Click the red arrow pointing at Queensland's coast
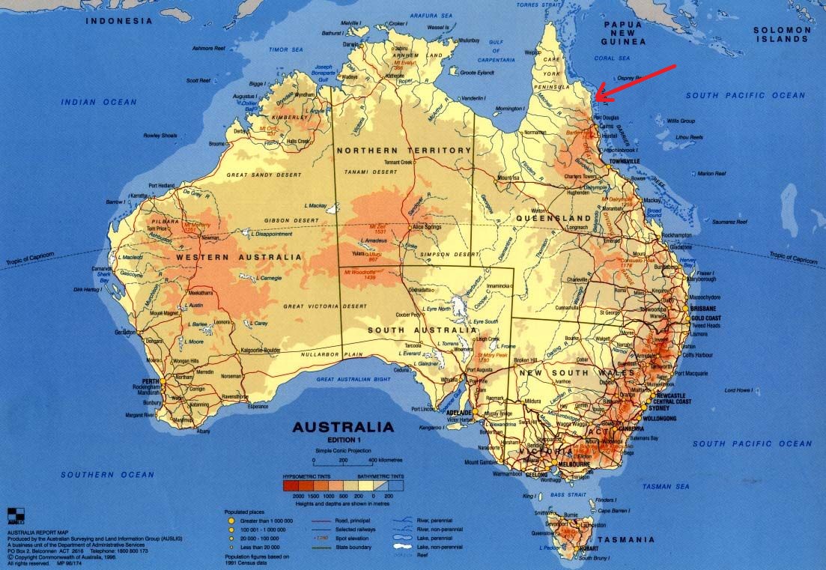point(636,83)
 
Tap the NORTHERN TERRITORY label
point(404,151)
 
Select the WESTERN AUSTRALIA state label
point(239,257)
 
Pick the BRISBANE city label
point(703,309)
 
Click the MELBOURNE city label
point(575,464)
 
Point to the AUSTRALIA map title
point(342,428)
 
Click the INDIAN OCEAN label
point(99,102)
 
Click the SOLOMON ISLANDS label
point(783,34)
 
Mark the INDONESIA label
point(118,21)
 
